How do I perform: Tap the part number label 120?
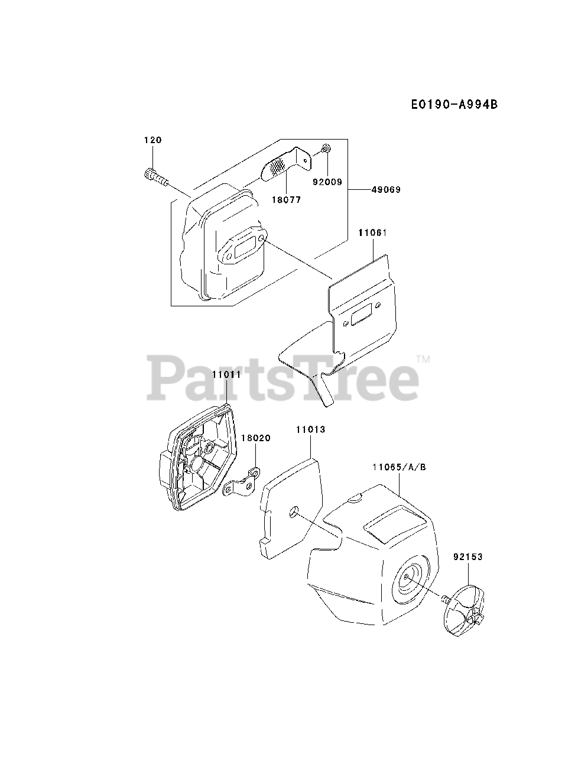(152, 140)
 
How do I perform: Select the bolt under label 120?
(155, 176)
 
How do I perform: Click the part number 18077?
(286, 200)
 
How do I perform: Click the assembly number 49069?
(386, 190)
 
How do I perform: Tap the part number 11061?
(372, 233)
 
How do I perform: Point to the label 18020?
(256, 438)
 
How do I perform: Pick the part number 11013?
(310, 429)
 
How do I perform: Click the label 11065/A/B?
(399, 467)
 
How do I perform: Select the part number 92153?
(468, 557)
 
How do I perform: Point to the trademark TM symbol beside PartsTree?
(423, 359)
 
